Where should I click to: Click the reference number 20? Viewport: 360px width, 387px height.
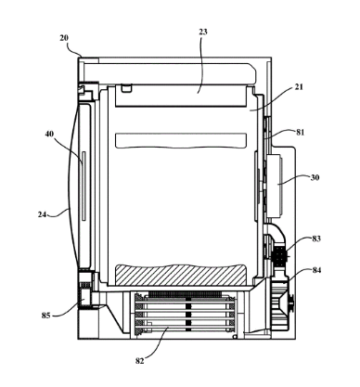[64, 38]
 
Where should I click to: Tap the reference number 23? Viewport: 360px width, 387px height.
[203, 32]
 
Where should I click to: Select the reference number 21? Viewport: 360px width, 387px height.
[299, 87]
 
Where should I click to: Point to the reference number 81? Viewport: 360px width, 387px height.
[300, 132]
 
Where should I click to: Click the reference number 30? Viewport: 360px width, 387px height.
[315, 177]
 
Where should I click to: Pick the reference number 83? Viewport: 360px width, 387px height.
[316, 239]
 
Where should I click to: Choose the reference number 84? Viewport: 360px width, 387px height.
[316, 270]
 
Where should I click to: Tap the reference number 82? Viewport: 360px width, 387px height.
[140, 361]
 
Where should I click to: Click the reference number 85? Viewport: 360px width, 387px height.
[45, 316]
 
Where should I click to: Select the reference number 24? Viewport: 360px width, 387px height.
[42, 214]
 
